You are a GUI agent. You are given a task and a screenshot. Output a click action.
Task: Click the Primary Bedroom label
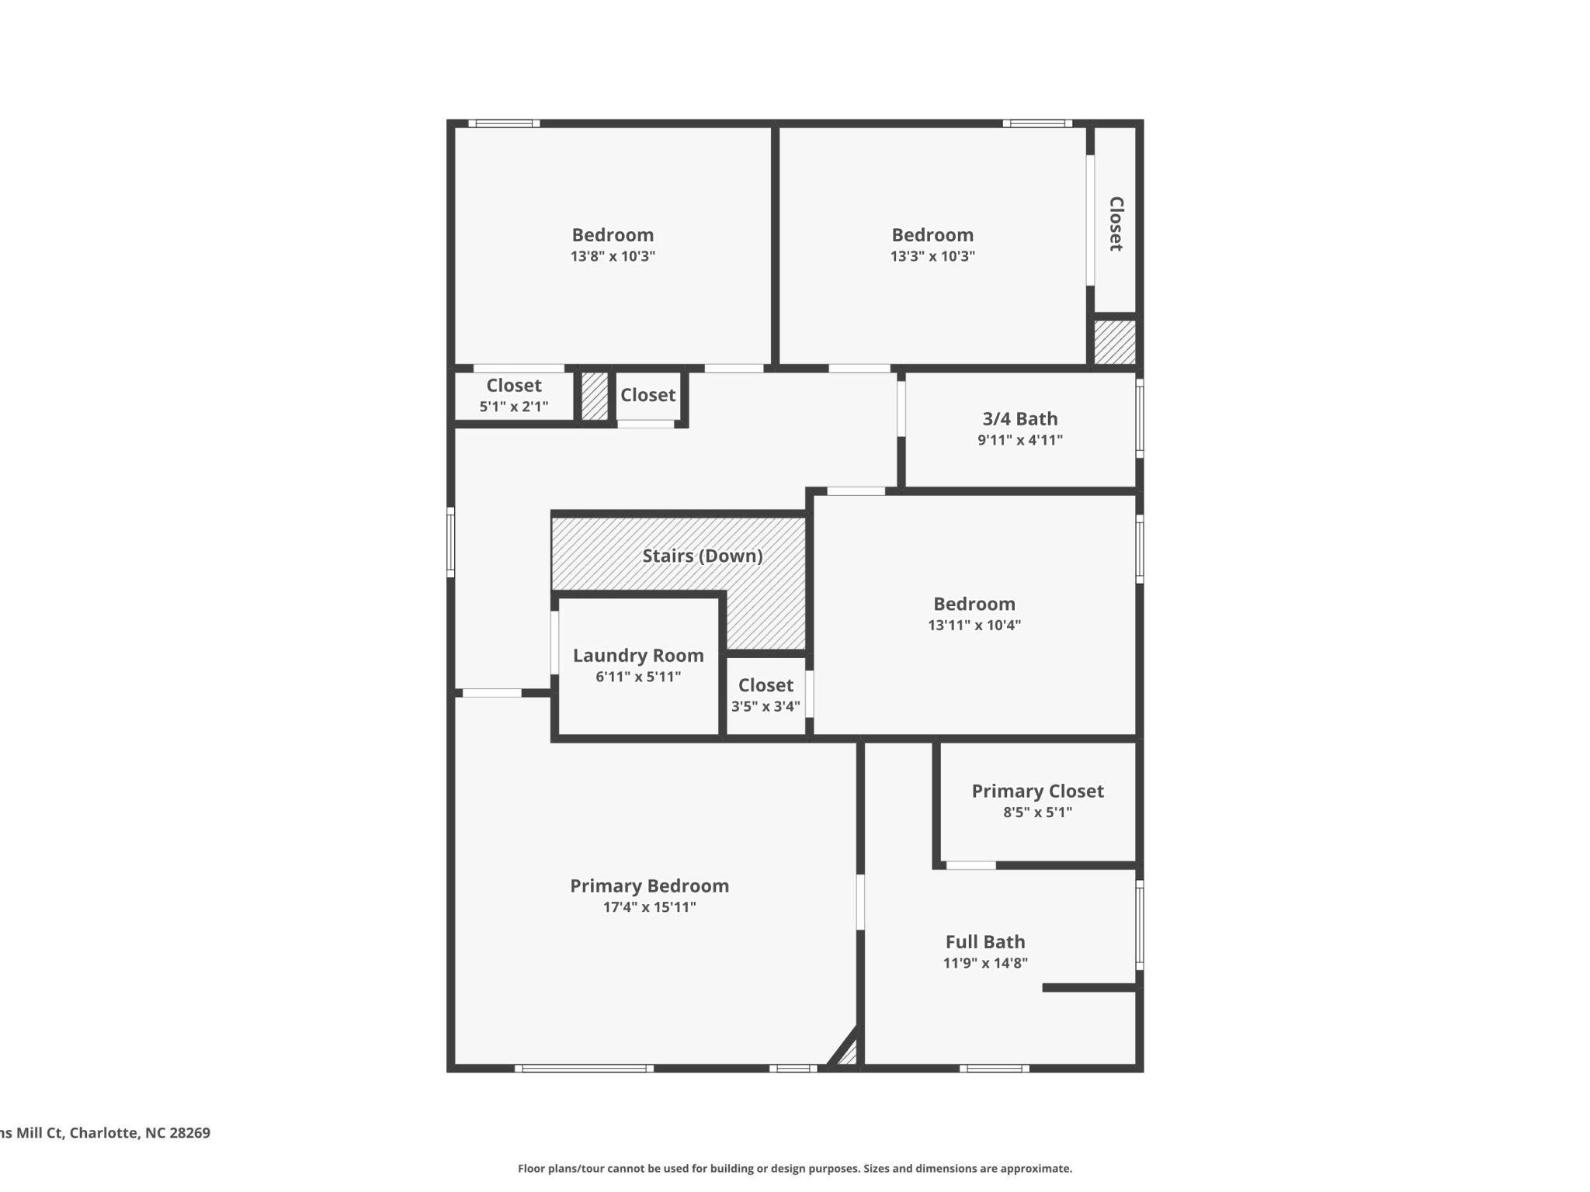(649, 885)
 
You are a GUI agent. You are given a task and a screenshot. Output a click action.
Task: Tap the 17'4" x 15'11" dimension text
(649, 906)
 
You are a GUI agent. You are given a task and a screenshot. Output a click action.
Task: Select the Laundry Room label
(638, 655)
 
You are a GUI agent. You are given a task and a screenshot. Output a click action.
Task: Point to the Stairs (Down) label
(702, 556)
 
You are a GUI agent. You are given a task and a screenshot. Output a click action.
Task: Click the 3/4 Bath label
(1019, 418)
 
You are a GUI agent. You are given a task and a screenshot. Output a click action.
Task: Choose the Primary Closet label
(1037, 791)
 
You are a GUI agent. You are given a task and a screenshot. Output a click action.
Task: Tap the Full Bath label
(984, 941)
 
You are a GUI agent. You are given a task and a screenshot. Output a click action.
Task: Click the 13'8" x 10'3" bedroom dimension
(613, 256)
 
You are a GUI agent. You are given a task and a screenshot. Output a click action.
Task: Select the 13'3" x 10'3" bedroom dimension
(932, 256)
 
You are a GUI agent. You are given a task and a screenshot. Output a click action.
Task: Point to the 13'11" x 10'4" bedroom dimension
(974, 625)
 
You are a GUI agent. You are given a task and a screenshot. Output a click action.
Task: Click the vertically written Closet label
(1116, 223)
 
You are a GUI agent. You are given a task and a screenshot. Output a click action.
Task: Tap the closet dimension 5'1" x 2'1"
(513, 406)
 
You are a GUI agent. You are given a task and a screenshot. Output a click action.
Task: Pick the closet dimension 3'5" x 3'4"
(765, 706)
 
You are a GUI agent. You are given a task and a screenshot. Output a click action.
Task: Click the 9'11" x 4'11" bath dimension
(1019, 440)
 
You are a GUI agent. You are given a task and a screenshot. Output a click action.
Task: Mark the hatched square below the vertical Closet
(1114, 341)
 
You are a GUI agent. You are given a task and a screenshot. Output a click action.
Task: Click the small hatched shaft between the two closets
(595, 397)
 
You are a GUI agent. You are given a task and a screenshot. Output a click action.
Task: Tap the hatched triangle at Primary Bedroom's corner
(848, 1053)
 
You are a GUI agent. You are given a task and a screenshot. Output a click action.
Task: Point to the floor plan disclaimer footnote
(794, 1168)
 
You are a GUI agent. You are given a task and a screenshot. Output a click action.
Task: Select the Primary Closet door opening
(970, 865)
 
